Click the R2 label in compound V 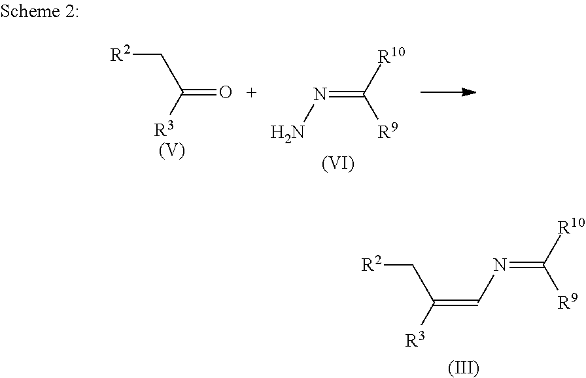(x=120, y=54)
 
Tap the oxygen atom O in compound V (x=225, y=93)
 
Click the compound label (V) (x=172, y=151)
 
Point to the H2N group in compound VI (x=287, y=133)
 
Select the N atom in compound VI (x=319, y=94)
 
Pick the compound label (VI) (x=337, y=164)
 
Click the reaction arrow (x=447, y=93)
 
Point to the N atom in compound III (x=500, y=266)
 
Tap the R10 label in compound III (x=568, y=228)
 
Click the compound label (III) (x=463, y=368)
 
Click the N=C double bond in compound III (x=525, y=266)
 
